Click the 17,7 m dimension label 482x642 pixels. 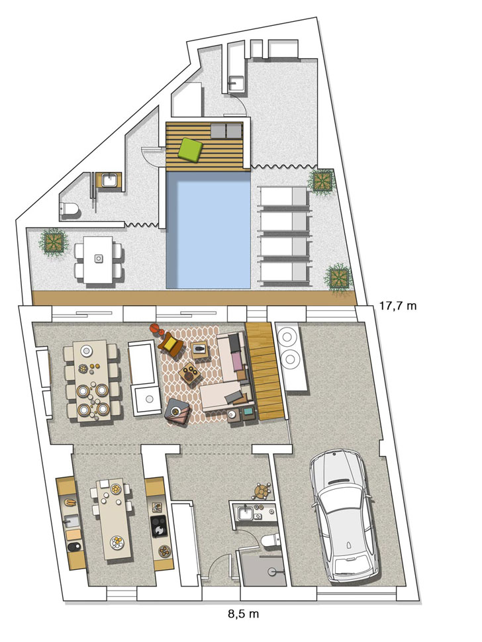pyautogui.click(x=399, y=306)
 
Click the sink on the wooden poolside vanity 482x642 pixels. pyautogui.click(x=109, y=179)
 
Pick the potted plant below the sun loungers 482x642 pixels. pyautogui.click(x=338, y=277)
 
